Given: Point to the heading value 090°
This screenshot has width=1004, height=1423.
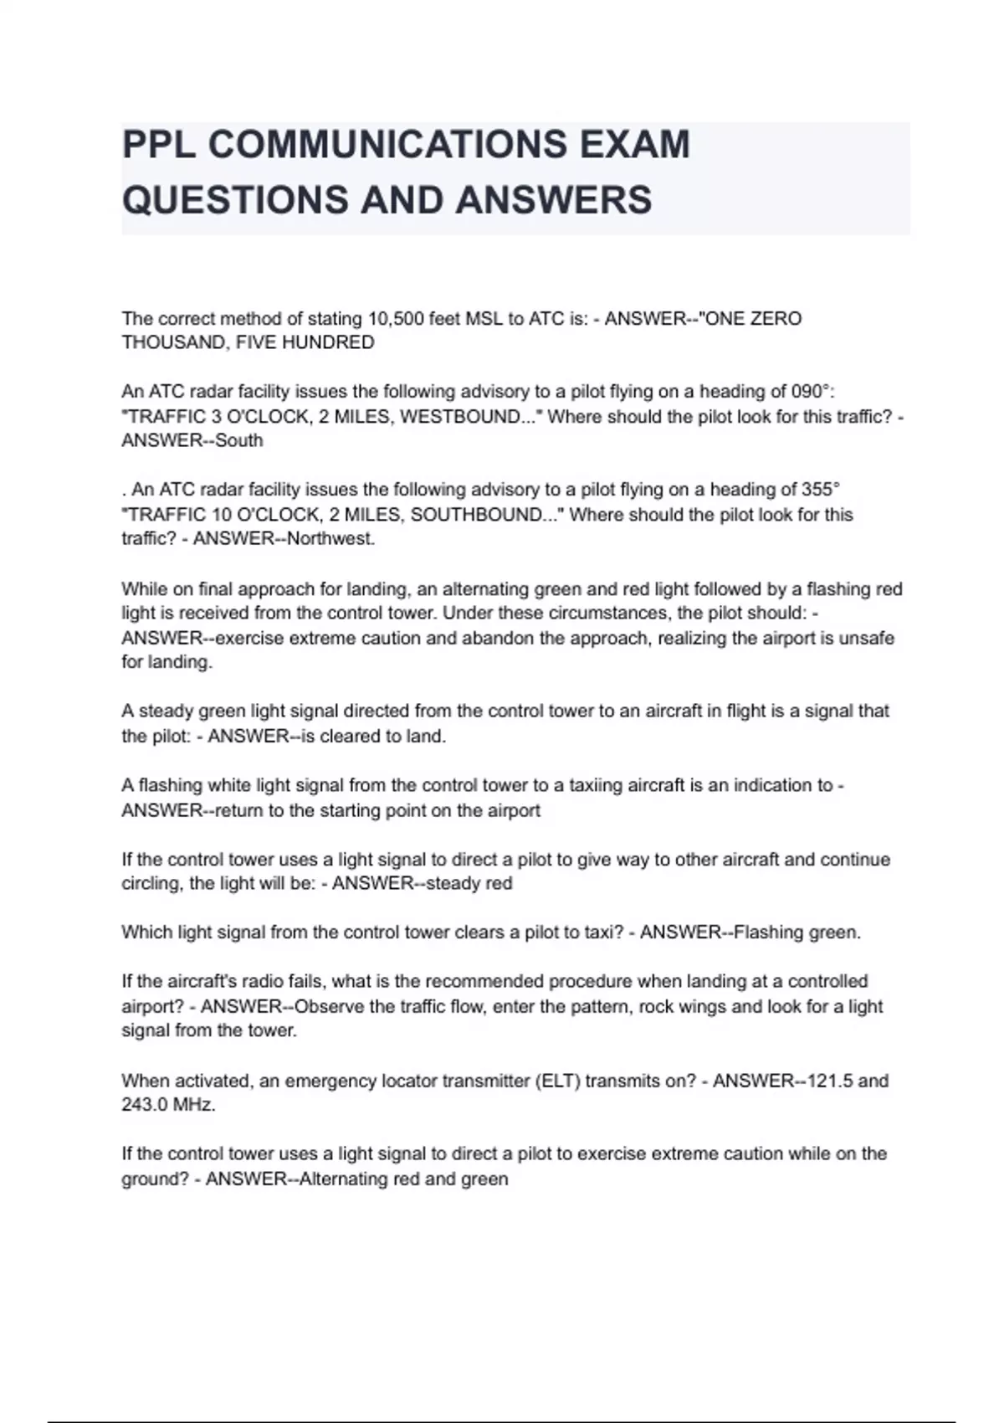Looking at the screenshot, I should click(x=812, y=392).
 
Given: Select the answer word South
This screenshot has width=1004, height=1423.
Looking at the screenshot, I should click(x=239, y=441).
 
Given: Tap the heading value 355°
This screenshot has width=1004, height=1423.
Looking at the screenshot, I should click(x=818, y=490).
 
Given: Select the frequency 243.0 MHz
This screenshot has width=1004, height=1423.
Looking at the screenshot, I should click(x=168, y=1105).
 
